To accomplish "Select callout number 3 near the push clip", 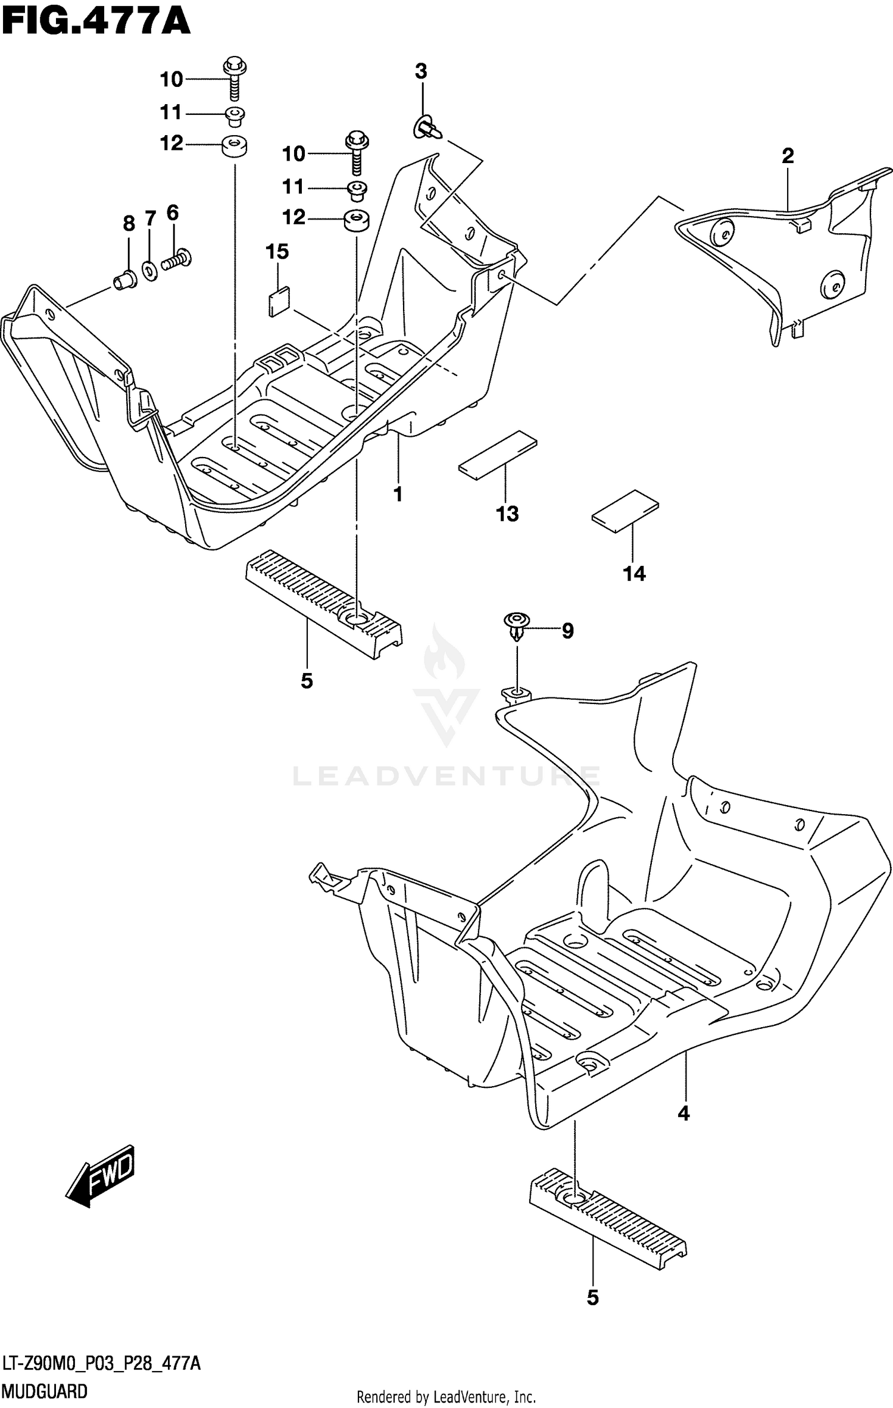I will pyautogui.click(x=420, y=71).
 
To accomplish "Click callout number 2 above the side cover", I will pyautogui.click(x=787, y=156).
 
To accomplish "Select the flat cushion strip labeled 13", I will pyautogui.click(x=497, y=455).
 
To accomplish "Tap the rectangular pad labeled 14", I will pyautogui.click(x=626, y=509).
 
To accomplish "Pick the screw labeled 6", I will pyautogui.click(x=176, y=261).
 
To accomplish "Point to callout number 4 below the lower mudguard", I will pyautogui.click(x=683, y=1113).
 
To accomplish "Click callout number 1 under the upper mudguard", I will pyautogui.click(x=398, y=494).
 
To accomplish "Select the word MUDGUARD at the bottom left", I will pyautogui.click(x=45, y=1391).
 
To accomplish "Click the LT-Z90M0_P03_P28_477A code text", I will pyautogui.click(x=101, y=1364).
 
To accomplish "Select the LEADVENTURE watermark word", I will pyautogui.click(x=447, y=777).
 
